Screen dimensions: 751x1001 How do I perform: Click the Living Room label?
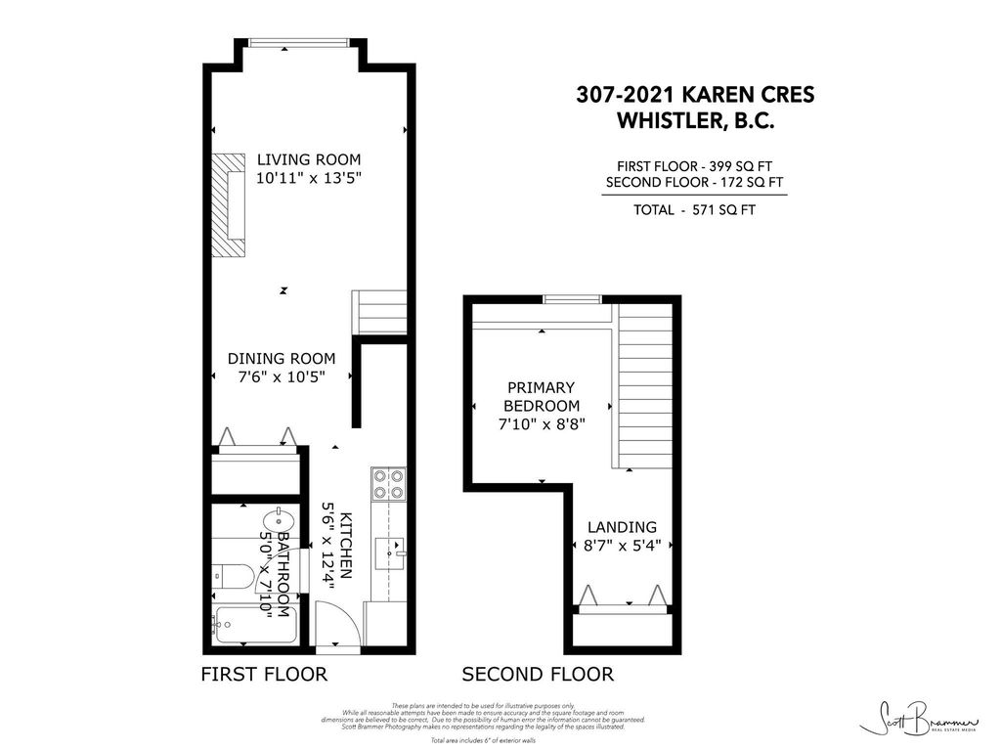[x=308, y=159]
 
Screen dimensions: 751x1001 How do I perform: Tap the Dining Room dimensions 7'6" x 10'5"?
[x=282, y=376]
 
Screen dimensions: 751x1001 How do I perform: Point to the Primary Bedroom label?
[x=541, y=396]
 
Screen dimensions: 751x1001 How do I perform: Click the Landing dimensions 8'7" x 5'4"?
[x=622, y=546]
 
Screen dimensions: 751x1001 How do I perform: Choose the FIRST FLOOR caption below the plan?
[x=263, y=674]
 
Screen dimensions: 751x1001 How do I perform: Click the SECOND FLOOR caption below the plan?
[x=538, y=674]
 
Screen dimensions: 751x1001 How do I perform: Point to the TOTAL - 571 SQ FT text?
[x=693, y=209]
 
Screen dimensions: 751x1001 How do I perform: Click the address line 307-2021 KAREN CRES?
[x=693, y=95]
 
